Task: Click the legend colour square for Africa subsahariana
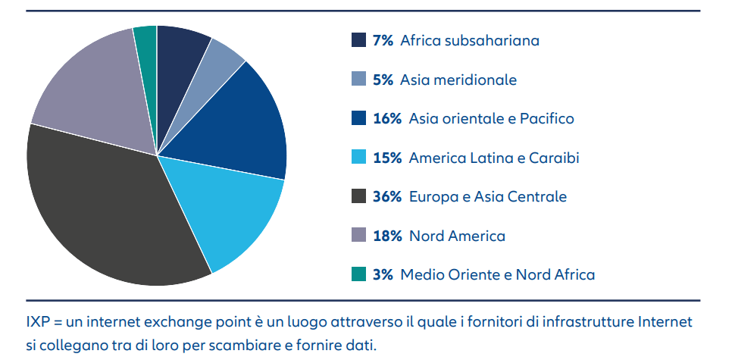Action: [359, 40]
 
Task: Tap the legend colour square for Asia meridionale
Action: [359, 79]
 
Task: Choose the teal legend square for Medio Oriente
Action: [359, 274]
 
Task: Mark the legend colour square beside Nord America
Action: [359, 236]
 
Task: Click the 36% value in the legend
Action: [387, 197]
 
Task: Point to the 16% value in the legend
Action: [387, 119]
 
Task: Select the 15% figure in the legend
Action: [387, 158]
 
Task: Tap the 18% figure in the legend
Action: [387, 236]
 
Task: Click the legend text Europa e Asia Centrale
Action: [487, 197]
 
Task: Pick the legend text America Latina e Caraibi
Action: [494, 158]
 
